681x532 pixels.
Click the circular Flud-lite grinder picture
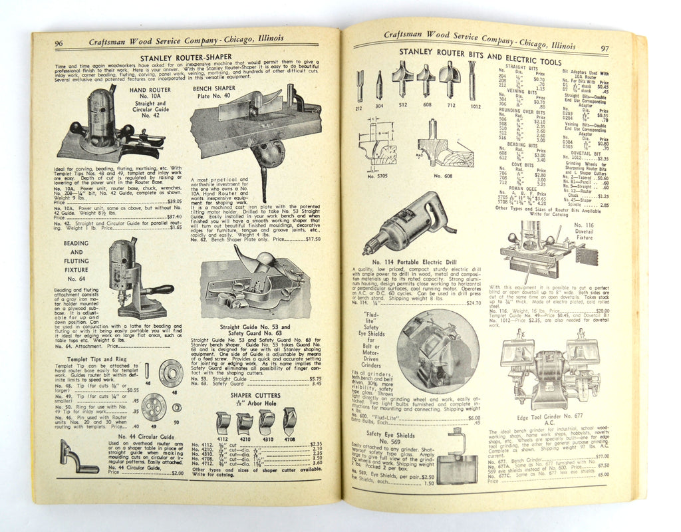coord(436,350)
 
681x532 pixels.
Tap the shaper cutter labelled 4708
coord(289,420)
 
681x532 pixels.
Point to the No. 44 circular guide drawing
coord(76,458)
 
